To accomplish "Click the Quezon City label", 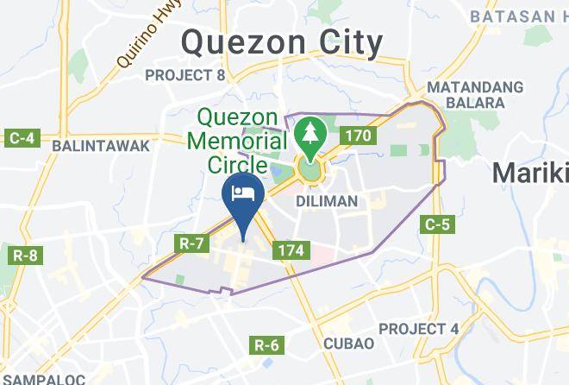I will point(282,41).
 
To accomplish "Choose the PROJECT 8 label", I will point(184,75).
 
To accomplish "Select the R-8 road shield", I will point(24,256).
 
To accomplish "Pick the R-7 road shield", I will point(190,244).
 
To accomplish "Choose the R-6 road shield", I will point(267,345).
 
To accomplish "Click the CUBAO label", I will point(348,344).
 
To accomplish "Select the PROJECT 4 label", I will point(418,329).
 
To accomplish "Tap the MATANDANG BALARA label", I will point(475,95).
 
